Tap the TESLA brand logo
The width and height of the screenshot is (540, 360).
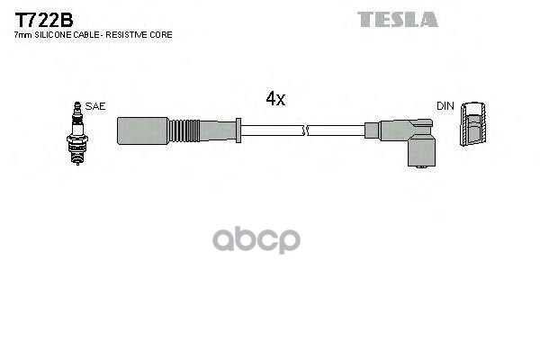pyautogui.click(x=397, y=19)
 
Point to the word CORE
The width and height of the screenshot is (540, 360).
pyautogui.click(x=162, y=35)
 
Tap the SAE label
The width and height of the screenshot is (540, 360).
pyautogui.click(x=96, y=106)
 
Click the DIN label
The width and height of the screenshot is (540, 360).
pyautogui.click(x=445, y=106)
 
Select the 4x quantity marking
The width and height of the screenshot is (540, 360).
pyautogui.click(x=275, y=99)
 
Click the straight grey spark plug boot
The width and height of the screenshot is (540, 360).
pyautogui.click(x=144, y=130)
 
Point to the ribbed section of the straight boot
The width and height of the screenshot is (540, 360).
pyautogui.click(x=187, y=130)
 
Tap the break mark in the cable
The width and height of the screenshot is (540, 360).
pyautogui.click(x=308, y=130)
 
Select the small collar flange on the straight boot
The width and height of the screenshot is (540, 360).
pyautogui.click(x=237, y=130)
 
